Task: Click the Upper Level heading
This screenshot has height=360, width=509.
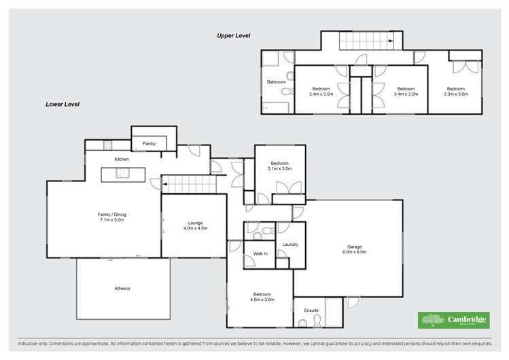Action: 233,35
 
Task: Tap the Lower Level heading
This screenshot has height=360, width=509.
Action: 63,105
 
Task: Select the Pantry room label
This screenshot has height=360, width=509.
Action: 150,144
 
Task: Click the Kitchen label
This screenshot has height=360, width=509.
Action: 122,159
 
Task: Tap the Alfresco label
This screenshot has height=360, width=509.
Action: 122,289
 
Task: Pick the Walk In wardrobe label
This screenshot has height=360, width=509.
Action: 261,253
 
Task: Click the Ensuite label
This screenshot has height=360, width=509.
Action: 312,310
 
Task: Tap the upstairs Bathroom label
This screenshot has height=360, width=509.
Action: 277,82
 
